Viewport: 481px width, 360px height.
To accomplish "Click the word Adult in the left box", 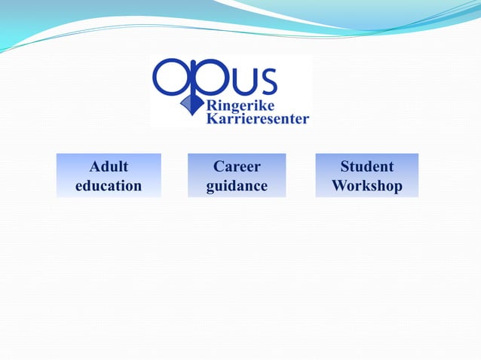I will [109, 166].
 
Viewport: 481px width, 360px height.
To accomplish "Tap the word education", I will [109, 185].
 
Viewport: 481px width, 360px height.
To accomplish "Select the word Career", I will [237, 166].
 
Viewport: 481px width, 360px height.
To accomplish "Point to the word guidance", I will [237, 185].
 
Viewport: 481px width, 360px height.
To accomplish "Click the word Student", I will [366, 166].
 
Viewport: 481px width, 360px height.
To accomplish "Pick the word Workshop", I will [366, 185].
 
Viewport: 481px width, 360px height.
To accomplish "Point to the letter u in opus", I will [241, 79].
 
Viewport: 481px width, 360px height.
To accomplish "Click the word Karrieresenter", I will [257, 118].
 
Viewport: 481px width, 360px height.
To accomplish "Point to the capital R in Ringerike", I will [212, 105].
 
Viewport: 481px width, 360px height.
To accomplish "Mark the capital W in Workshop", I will [341, 185].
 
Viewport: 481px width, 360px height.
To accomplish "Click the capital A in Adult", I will [94, 166].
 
